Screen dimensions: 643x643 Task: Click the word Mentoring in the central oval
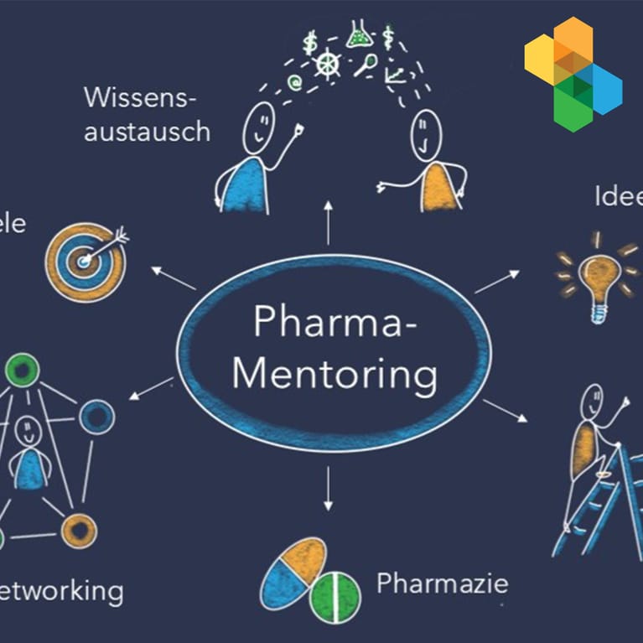click(334, 375)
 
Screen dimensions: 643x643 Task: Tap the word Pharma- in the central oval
click(334, 321)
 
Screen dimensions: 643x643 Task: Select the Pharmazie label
click(442, 582)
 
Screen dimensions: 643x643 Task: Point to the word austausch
click(147, 132)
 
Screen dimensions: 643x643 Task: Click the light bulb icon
click(599, 277)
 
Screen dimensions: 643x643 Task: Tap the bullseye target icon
click(85, 259)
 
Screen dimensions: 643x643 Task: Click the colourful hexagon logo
click(573, 74)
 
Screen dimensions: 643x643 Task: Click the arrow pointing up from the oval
click(329, 221)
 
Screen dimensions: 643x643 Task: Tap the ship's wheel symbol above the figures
click(328, 63)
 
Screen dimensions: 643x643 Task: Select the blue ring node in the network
click(96, 417)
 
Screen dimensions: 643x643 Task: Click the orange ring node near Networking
click(79, 530)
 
